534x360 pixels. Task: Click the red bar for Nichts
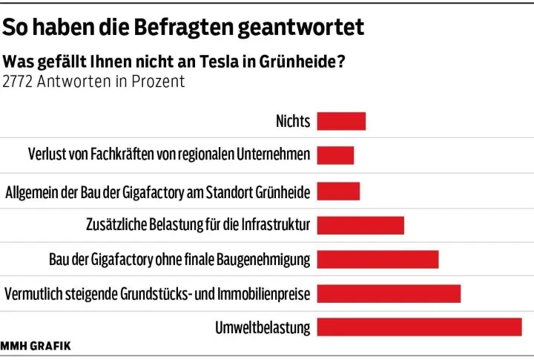[x=341, y=121]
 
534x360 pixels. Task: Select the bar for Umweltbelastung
[x=419, y=327]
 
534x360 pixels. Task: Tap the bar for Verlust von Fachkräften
[x=335, y=155]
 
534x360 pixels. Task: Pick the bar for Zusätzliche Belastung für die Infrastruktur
[x=360, y=224]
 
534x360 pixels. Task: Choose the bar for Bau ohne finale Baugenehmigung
[x=378, y=259]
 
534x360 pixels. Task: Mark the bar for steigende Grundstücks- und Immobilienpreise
[x=389, y=293]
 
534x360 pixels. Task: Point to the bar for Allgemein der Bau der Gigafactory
[x=338, y=191]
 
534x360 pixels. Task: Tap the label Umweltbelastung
[x=263, y=327]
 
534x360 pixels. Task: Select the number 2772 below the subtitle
[x=19, y=81]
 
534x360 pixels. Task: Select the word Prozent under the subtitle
[x=158, y=81]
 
